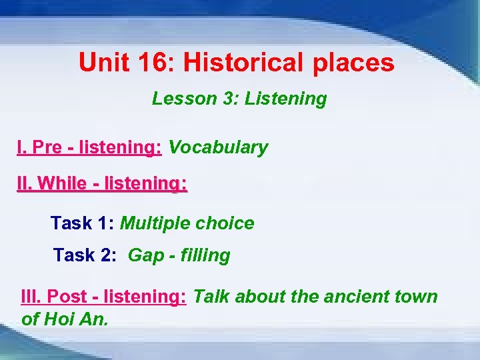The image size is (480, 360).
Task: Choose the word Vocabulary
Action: (x=218, y=147)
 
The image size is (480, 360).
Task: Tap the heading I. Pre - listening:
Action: (x=89, y=147)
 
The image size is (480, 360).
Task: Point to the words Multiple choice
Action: (x=187, y=223)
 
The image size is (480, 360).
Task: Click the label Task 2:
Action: (x=84, y=255)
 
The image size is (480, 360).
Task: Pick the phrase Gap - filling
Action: (x=179, y=255)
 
